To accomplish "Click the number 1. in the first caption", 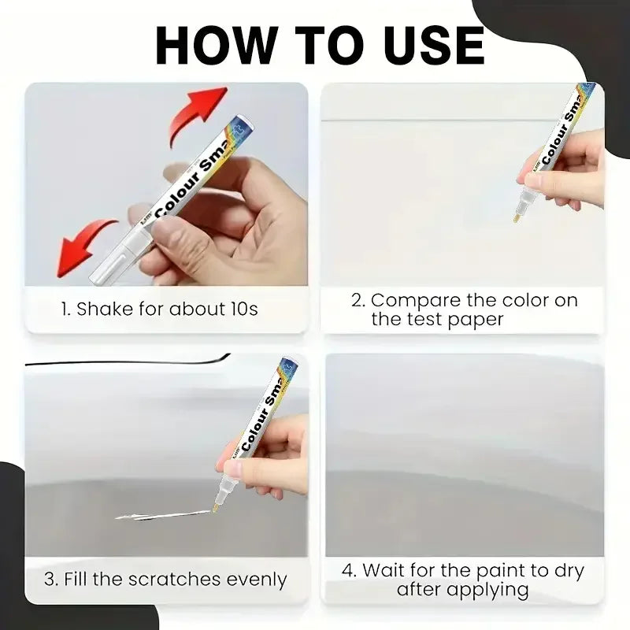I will pos(67,309).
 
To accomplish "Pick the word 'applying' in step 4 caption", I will pos(494,590).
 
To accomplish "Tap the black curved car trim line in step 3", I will pos(118,364).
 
